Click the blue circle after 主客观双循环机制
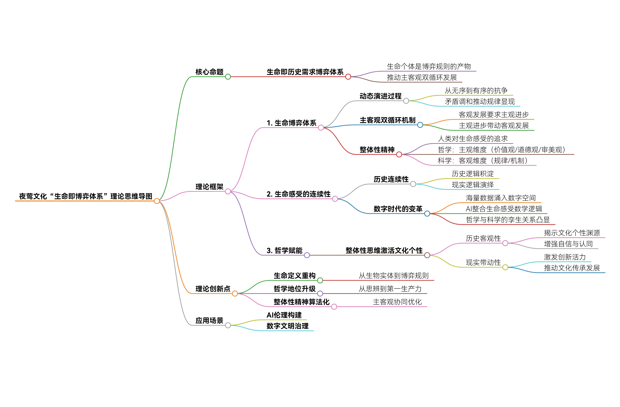[420, 125]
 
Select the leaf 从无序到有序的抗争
[476, 91]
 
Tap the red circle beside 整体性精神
[399, 155]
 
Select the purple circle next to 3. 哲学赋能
[307, 255]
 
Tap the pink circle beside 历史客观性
[505, 243]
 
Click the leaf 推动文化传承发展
[572, 268]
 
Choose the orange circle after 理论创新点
[235, 294]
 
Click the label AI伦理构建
[284, 315]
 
